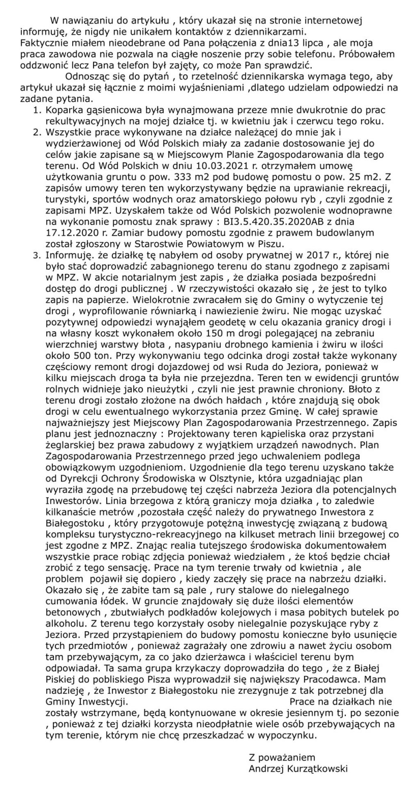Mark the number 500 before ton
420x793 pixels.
tap(82, 355)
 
